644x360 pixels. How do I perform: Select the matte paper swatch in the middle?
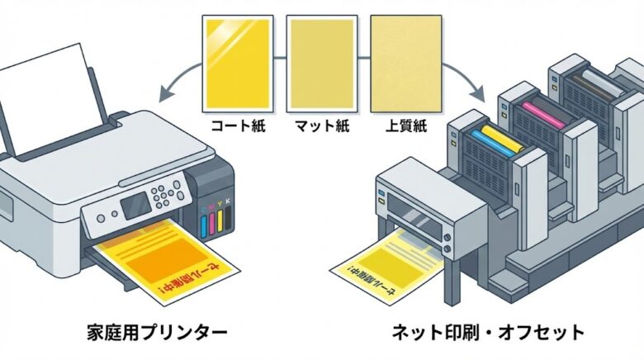click(322, 64)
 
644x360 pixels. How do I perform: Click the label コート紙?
click(238, 128)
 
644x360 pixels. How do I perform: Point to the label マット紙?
click(321, 128)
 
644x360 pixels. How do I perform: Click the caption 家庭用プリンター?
click(157, 333)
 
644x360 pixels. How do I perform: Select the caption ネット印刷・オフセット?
click(487, 333)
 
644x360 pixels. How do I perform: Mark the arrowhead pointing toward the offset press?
click(481, 91)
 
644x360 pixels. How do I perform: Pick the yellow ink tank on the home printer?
click(220, 224)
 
